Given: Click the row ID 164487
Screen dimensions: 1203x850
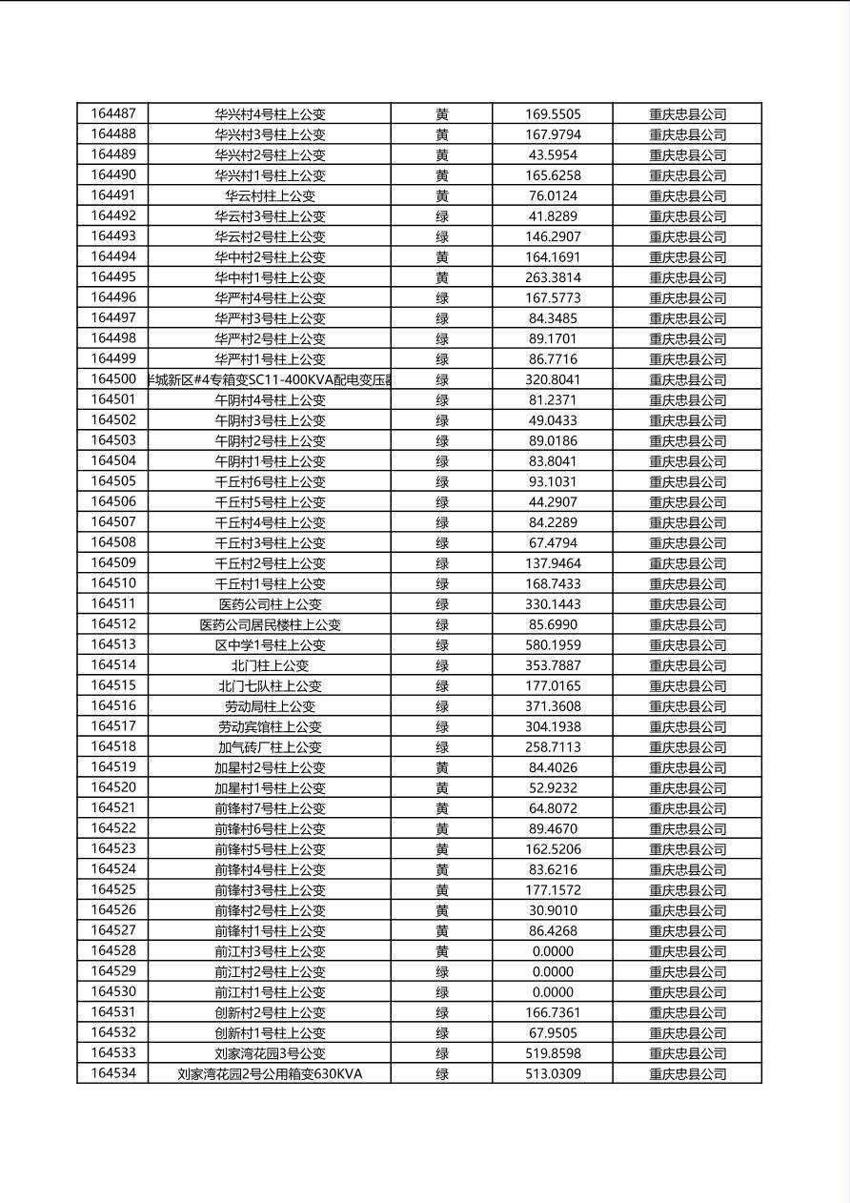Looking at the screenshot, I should [113, 113].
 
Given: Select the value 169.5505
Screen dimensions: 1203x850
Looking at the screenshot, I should [553, 114].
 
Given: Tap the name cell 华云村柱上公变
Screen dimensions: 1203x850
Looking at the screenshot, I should [270, 195].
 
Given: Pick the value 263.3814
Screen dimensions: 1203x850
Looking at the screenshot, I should [553, 277].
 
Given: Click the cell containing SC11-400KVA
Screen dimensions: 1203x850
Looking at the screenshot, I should [270, 379].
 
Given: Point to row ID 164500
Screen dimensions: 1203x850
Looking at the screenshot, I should [113, 378].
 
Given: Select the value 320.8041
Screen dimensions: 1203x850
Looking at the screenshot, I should [553, 379].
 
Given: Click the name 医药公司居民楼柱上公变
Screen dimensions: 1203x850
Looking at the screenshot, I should [270, 624].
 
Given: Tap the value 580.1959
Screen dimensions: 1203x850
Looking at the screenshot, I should [553, 645].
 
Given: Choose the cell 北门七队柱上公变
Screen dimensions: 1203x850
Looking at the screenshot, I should [270, 685].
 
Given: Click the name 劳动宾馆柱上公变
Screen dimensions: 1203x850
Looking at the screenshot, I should [270, 726].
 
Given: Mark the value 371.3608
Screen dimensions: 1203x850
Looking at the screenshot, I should [553, 706].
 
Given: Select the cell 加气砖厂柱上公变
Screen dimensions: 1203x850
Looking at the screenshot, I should [270, 747].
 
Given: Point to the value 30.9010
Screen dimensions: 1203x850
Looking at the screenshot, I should [553, 910].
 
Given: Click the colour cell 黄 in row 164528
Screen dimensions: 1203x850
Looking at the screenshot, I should [442, 951].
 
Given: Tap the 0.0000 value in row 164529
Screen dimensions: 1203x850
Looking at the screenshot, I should [553, 971].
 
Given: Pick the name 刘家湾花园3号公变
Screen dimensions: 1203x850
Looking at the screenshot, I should [270, 1053].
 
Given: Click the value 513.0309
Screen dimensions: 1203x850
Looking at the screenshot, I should [553, 1074].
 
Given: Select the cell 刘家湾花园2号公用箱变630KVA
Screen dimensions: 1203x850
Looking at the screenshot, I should [270, 1074].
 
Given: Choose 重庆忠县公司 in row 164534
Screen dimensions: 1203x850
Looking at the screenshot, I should [687, 1074].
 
